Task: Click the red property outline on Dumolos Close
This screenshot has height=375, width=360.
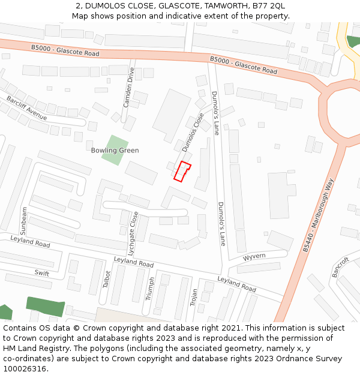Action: (182, 171)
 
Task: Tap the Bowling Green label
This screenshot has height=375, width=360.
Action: (115, 151)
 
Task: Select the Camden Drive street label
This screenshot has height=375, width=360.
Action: (129, 87)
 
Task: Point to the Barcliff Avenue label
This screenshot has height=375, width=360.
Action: (27, 107)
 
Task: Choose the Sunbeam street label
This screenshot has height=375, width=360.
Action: (24, 221)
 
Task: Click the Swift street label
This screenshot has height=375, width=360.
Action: (41, 273)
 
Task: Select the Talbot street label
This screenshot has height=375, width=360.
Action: (107, 280)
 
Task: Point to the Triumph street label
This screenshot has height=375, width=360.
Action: (150, 288)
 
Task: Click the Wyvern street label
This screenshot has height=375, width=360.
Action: (254, 257)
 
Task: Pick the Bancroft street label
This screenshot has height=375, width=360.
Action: (340, 268)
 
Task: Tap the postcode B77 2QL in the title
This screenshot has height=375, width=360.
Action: (269, 5)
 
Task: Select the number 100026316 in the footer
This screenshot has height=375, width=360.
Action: (23, 368)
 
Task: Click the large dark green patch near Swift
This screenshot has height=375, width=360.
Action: (45, 306)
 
